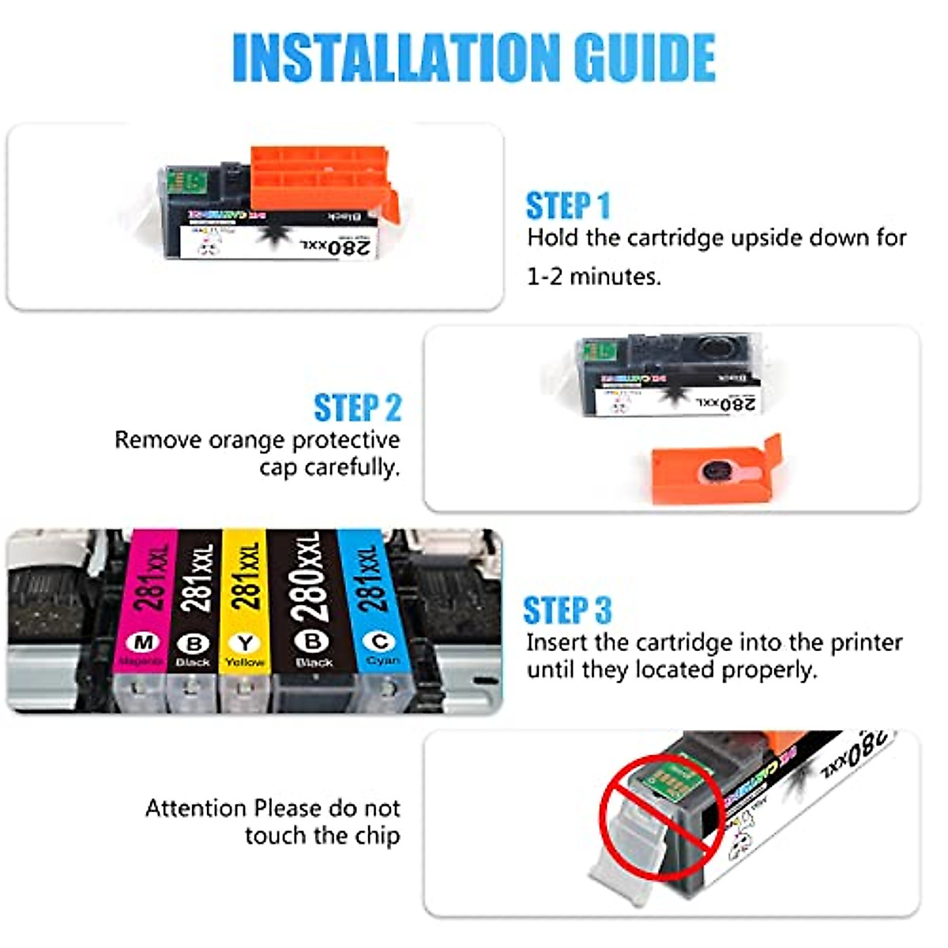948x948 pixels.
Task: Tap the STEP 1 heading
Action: pyautogui.click(x=568, y=205)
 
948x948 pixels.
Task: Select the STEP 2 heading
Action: pyautogui.click(x=357, y=408)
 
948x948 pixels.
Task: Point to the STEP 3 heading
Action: pyautogui.click(x=567, y=611)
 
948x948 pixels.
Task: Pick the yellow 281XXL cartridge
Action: pyautogui.click(x=245, y=600)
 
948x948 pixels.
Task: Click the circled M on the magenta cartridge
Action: pyautogui.click(x=143, y=641)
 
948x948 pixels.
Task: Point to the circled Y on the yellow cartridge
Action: pyautogui.click(x=245, y=642)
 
